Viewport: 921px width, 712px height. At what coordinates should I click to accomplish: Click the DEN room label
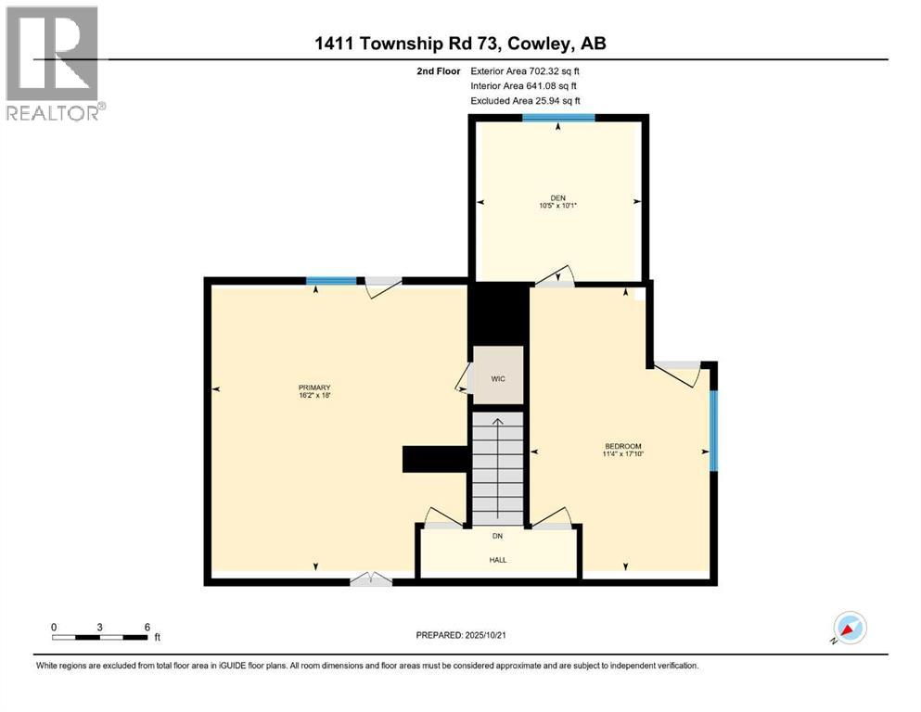[557, 197]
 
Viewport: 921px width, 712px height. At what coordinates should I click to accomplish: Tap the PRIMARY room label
[314, 388]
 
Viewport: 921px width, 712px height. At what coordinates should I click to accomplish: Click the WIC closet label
[498, 379]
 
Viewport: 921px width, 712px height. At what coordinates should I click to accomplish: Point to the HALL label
[498, 559]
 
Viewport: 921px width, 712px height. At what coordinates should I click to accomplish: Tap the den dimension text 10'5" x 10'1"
[557, 206]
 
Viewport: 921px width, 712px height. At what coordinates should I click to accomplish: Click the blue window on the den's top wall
[557, 118]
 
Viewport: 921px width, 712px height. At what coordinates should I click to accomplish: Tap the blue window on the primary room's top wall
[331, 281]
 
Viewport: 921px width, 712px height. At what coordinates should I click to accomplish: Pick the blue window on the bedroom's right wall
[713, 430]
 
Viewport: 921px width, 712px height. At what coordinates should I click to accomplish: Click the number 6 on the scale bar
[147, 627]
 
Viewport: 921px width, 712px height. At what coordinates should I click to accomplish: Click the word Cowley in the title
[533, 44]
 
